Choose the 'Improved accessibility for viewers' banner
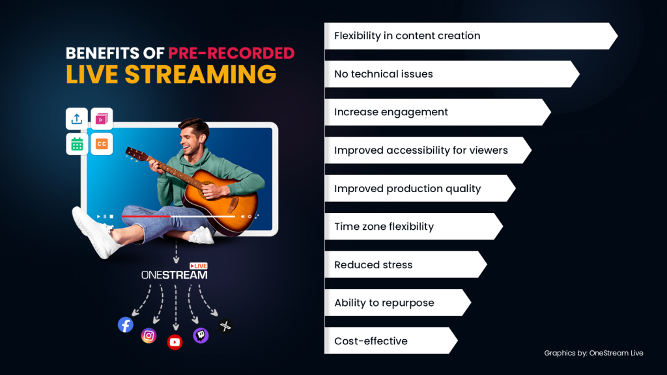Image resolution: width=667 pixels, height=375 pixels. coord(423,150)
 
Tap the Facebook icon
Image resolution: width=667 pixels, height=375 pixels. coord(126,324)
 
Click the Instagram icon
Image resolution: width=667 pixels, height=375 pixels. coord(149,335)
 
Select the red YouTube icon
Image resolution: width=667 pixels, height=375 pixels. coord(175,342)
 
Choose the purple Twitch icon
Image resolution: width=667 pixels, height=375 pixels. coord(201,335)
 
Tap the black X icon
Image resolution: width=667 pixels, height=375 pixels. coord(225,326)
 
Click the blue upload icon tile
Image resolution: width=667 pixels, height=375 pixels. coord(77,118)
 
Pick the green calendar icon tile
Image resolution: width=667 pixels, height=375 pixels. coord(77,144)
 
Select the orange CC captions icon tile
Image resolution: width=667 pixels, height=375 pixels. coord(102,144)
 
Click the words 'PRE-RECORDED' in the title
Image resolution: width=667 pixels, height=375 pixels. coord(231,53)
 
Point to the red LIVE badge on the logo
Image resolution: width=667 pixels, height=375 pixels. coord(198,266)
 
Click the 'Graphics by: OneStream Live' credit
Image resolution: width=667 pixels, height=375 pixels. coord(593,353)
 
